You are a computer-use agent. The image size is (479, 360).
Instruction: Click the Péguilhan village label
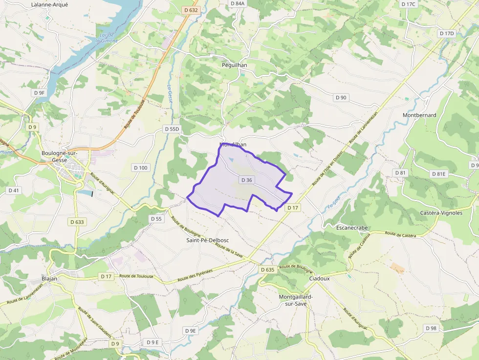[x=235, y=65]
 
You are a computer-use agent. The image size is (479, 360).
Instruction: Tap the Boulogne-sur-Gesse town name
[x=60, y=156]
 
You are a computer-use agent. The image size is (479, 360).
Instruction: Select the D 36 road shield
[x=247, y=180]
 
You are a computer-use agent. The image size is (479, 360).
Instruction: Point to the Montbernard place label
[x=419, y=115]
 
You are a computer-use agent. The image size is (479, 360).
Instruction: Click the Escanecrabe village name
[x=352, y=228]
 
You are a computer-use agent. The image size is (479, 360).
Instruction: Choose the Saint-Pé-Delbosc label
[x=208, y=240]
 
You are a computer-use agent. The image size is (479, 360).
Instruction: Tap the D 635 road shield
[x=267, y=270]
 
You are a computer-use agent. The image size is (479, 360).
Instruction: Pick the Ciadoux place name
[x=320, y=278]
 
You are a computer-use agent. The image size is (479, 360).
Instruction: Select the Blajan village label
[x=49, y=279]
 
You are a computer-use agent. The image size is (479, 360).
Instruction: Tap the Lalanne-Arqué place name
[x=49, y=4]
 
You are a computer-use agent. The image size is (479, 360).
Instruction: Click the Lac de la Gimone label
[x=107, y=38]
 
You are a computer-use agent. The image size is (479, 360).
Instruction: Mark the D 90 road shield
[x=341, y=98]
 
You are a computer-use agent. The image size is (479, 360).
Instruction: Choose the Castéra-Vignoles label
[x=441, y=213]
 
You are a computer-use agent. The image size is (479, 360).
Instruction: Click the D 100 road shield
[x=140, y=168]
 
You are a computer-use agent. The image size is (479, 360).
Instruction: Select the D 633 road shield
[x=77, y=222]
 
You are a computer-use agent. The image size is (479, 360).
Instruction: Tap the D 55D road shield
[x=172, y=129]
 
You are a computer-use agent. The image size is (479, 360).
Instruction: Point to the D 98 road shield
[x=431, y=328]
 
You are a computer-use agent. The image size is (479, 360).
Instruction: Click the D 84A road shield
[x=237, y=3]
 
